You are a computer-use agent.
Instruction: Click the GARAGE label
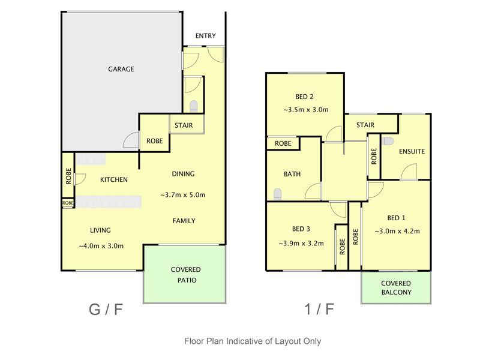pyautogui.click(x=121, y=69)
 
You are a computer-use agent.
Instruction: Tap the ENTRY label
pyautogui.click(x=205, y=36)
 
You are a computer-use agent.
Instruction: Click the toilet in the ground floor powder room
pyautogui.click(x=193, y=106)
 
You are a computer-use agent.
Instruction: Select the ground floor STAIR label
pyautogui.click(x=184, y=125)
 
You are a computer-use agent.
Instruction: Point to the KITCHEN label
pyautogui.click(x=114, y=179)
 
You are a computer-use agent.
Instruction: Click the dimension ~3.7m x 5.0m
pyautogui.click(x=183, y=195)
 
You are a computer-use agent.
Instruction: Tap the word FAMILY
pyautogui.click(x=184, y=221)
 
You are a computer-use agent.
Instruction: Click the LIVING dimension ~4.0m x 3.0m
pyautogui.click(x=101, y=246)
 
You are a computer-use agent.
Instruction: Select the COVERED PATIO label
pyautogui.click(x=186, y=275)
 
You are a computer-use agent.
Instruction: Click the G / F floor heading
pyautogui.click(x=106, y=309)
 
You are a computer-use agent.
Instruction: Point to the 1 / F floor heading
pyautogui.click(x=319, y=309)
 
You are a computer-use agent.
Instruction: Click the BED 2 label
pyautogui.click(x=304, y=97)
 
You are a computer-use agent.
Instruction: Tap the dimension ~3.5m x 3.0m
pyautogui.click(x=306, y=110)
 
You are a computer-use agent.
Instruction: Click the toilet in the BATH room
pyautogui.click(x=277, y=194)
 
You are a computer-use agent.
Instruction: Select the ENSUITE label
pyautogui.click(x=412, y=151)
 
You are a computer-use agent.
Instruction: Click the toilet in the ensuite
pyautogui.click(x=388, y=141)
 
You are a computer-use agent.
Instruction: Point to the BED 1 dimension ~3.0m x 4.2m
pyautogui.click(x=397, y=231)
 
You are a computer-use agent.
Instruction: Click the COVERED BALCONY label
pyautogui.click(x=396, y=288)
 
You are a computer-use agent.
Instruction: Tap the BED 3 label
pyautogui.click(x=301, y=229)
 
